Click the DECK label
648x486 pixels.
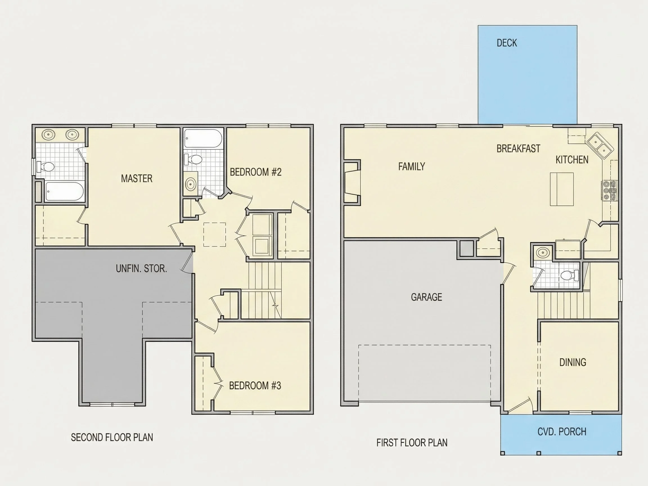tap(507, 43)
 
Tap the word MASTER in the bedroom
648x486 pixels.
tap(136, 178)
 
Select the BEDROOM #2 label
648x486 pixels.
tap(255, 172)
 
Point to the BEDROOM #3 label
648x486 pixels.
tap(255, 386)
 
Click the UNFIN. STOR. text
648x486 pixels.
tap(141, 268)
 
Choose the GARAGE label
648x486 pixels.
tap(426, 297)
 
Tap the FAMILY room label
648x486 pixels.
tap(411, 166)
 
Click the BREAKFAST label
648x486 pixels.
tap(518, 148)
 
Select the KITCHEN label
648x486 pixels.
tap(572, 160)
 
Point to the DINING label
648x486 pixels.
tap(573, 362)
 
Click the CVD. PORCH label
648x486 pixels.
tap(562, 432)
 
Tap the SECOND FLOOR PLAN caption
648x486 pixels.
tap(112, 437)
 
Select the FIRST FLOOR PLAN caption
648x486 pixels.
tap(412, 443)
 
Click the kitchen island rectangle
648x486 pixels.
tap(562, 189)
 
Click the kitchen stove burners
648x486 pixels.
tap(609, 191)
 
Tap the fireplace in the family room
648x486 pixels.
tap(352, 182)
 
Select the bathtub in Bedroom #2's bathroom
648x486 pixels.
tap(202, 138)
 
